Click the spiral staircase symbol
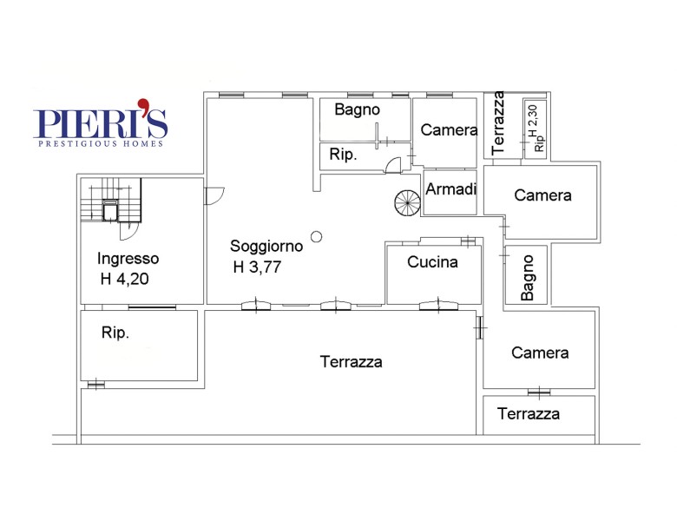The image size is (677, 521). (407, 203)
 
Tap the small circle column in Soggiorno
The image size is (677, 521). (317, 236)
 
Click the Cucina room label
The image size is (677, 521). (432, 262)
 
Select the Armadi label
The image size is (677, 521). (451, 188)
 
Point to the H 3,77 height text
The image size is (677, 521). (257, 267)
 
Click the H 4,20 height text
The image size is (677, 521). (124, 279)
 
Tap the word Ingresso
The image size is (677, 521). (128, 259)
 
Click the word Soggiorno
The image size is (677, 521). (266, 247)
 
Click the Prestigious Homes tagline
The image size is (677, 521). (101, 144)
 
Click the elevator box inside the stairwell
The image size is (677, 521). (110, 210)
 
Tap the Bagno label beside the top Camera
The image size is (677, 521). (357, 110)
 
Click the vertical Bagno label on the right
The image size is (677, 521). (528, 278)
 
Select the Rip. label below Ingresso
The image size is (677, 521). (115, 333)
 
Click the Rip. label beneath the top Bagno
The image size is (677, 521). (343, 155)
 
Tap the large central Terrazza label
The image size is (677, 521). (351, 361)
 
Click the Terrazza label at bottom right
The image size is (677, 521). (529, 414)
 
